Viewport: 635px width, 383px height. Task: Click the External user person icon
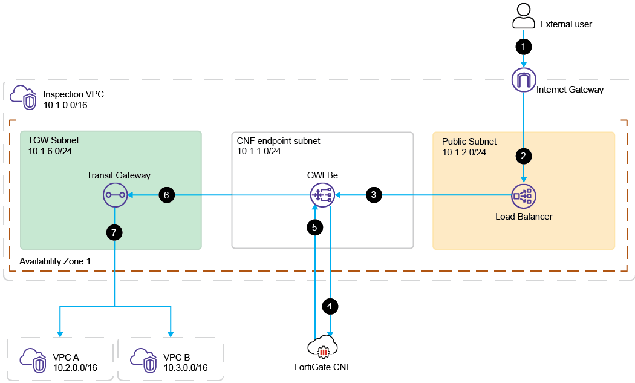(524, 16)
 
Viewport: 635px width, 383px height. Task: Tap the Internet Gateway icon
(524, 80)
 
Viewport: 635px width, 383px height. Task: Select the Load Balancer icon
(524, 195)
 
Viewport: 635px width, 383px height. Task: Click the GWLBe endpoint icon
(322, 195)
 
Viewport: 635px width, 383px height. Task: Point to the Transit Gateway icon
(114, 195)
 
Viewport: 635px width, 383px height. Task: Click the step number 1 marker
(524, 46)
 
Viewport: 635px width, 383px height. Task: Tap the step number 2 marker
(524, 155)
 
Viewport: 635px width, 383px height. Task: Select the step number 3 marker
(374, 195)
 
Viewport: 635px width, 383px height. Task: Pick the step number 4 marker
(330, 307)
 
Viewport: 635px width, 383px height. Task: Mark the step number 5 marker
(314, 228)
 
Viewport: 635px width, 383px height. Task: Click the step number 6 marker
(167, 195)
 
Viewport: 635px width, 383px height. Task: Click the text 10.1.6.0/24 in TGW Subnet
(50, 151)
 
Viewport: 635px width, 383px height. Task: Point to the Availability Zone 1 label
(55, 261)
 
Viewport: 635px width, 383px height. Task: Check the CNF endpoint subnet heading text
(279, 141)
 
